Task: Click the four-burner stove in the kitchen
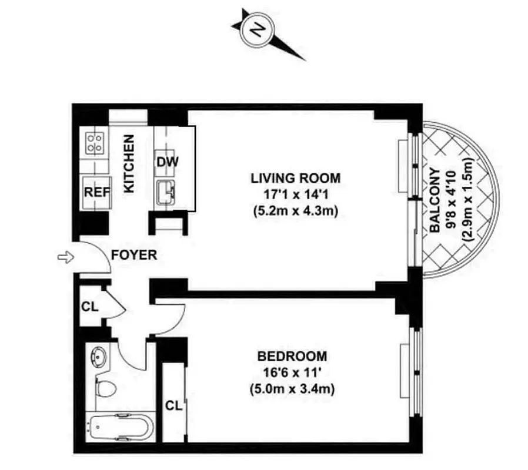pos(96,141)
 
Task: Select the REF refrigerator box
pos(95,192)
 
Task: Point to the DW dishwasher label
pos(167,162)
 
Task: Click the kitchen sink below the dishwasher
pos(168,192)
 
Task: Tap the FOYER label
pos(134,255)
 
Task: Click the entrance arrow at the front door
pos(65,257)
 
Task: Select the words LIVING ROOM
pos(295,177)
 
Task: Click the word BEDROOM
pos(292,357)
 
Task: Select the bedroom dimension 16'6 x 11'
pos(292,372)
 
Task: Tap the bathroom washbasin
pos(98,356)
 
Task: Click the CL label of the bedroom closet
pos(173,405)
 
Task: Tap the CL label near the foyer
pos(89,306)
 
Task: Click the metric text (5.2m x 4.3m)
pos(295,211)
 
